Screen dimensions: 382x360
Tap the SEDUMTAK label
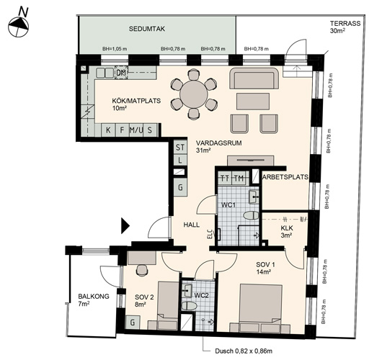[146, 29]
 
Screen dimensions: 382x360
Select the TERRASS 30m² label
[345, 27]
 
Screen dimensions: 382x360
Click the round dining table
[194, 94]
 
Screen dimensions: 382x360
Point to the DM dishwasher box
[121, 73]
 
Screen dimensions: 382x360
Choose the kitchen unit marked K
[108, 130]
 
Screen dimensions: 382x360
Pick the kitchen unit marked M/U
[136, 130]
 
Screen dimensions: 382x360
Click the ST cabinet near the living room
[180, 147]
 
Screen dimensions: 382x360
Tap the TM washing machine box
[239, 179]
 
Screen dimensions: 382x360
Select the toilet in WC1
[251, 216]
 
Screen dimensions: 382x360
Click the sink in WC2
[187, 290]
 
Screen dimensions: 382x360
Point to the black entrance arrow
[125, 226]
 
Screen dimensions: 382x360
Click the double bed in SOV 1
[261, 307]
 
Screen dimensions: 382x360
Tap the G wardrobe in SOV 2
[133, 323]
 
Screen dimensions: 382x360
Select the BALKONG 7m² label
[94, 300]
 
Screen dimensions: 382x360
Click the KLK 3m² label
[287, 232]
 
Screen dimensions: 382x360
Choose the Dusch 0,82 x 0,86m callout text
[244, 351]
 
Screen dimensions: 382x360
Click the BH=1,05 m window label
[115, 49]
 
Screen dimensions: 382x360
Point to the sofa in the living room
[254, 78]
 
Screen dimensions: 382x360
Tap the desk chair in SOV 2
[142, 270]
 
